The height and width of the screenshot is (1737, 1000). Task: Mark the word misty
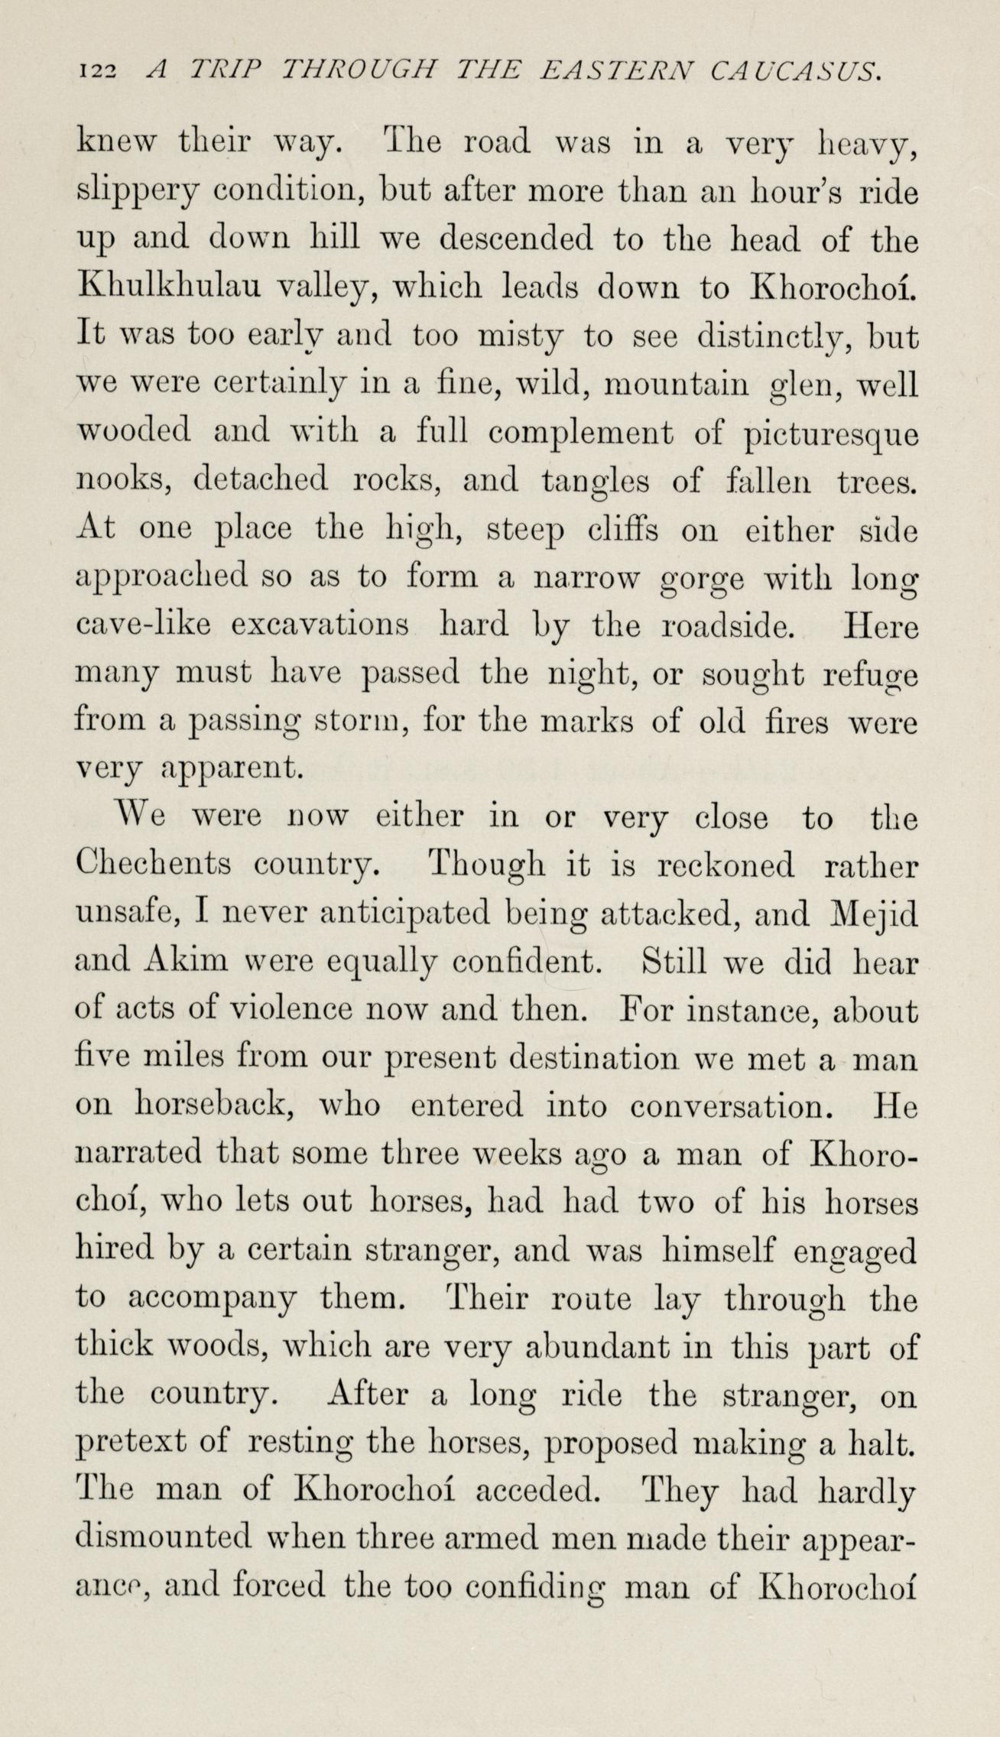(x=520, y=336)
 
